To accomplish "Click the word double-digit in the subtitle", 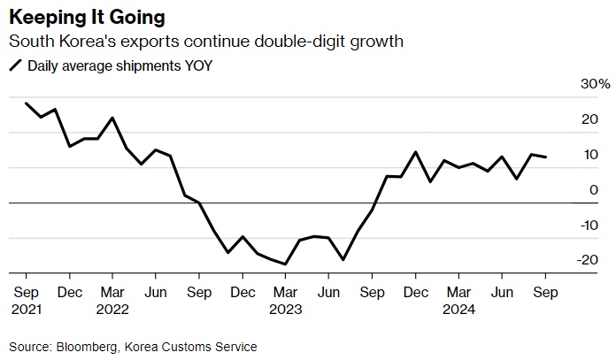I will click(299, 42).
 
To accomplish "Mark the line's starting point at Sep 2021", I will click(26, 103).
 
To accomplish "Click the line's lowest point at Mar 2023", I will click(285, 264).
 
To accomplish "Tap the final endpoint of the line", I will click(545, 157).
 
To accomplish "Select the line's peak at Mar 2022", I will click(112, 118).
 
